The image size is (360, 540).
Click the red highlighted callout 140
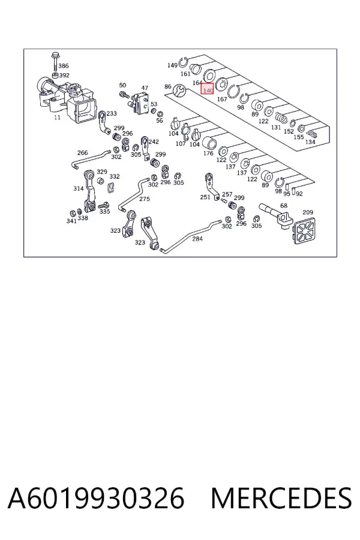[208, 89]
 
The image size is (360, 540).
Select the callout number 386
[64, 65]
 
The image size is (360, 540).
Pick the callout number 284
[197, 238]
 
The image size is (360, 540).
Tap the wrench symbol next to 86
[179, 90]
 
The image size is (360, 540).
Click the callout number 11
[57, 117]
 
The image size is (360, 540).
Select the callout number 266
[82, 152]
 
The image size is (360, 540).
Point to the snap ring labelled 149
[183, 62]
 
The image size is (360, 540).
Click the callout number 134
[310, 142]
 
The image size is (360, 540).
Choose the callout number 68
[284, 206]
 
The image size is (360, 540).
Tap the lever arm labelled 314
[89, 191]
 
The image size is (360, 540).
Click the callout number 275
[145, 199]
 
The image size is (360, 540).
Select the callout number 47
[145, 88]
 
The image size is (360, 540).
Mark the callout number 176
[208, 153]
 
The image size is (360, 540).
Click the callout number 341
[71, 221]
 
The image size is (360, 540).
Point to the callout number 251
[205, 197]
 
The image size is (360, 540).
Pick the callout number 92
[299, 194]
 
